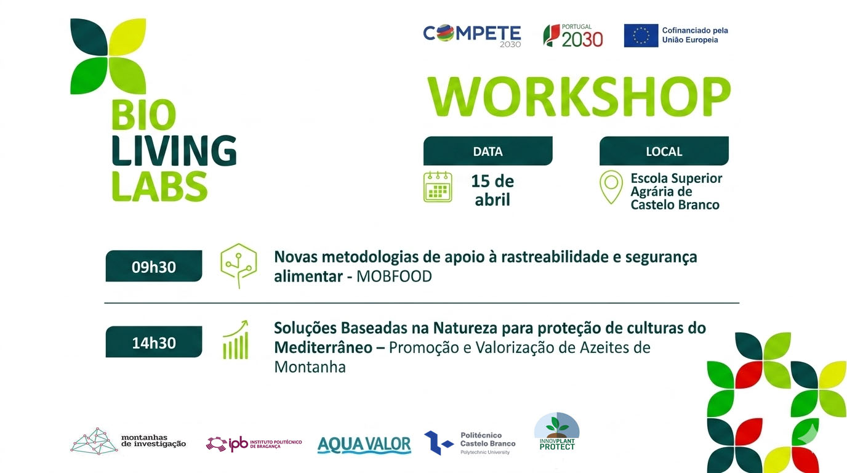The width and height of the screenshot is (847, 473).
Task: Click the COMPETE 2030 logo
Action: point(472,36)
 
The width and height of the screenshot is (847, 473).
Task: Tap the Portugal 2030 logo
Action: point(573,36)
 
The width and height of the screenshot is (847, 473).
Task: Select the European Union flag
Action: point(641,36)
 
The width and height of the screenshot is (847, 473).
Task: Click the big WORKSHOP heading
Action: point(579,96)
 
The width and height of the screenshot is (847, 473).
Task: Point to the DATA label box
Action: point(488,151)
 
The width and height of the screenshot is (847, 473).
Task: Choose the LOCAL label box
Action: point(664,151)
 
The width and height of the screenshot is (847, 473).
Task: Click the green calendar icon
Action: point(438,187)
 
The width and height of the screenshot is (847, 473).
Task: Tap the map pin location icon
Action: point(611,187)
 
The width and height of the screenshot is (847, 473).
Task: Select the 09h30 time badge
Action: point(153,266)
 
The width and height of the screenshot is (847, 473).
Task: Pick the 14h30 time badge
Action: point(153,342)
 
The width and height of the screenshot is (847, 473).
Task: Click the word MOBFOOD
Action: point(394,277)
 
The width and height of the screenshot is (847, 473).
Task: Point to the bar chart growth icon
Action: point(236,340)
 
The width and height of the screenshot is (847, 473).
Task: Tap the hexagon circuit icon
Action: point(239,265)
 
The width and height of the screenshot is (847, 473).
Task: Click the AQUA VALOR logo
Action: point(364,445)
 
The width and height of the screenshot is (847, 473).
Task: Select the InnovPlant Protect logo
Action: point(556,431)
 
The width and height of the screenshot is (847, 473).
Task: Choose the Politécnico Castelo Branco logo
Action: point(470,443)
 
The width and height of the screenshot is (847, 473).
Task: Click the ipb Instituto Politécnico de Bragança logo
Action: point(254,444)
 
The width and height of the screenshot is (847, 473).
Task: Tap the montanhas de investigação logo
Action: point(128,441)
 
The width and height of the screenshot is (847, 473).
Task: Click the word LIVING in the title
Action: point(174,151)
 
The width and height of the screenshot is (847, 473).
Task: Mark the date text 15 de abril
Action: point(492,190)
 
